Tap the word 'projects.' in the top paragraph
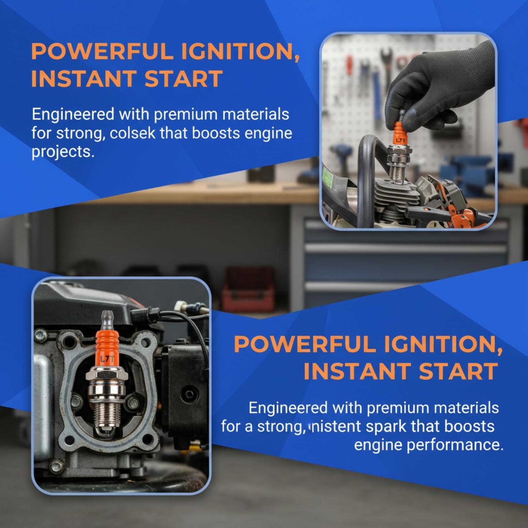click(x=61, y=152)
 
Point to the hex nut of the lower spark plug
click(x=107, y=375)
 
